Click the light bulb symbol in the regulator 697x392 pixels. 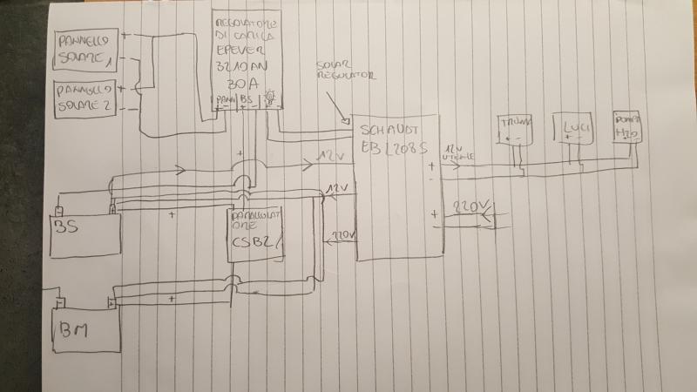pyautogui.click(x=270, y=98)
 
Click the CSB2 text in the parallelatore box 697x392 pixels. pyautogui.click(x=251, y=246)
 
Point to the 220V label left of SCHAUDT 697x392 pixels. pyautogui.click(x=341, y=236)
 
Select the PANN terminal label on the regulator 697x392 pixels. pyautogui.click(x=226, y=101)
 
